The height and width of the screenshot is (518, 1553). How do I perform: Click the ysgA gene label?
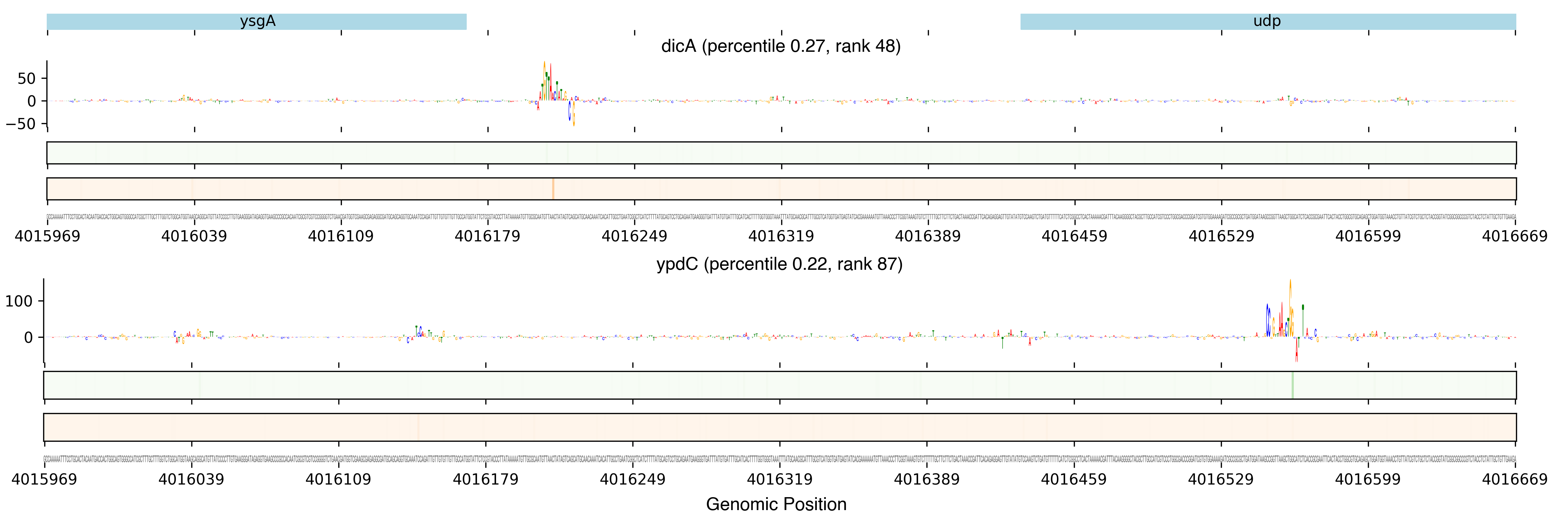pyautogui.click(x=257, y=21)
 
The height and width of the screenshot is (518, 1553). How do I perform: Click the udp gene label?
pyautogui.click(x=1266, y=21)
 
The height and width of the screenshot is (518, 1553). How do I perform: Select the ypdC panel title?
pyautogui.click(x=779, y=264)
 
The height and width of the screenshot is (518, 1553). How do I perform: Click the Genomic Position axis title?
pyautogui.click(x=776, y=504)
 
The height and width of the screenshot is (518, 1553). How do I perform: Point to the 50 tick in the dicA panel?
pyautogui.click(x=27, y=78)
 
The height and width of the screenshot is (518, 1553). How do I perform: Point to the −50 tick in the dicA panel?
pyautogui.click(x=22, y=124)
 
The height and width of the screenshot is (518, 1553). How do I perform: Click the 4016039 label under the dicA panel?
pyautogui.click(x=194, y=236)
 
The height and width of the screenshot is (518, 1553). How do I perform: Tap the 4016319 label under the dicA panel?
pyautogui.click(x=781, y=236)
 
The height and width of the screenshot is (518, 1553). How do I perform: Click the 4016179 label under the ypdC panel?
pyautogui.click(x=485, y=480)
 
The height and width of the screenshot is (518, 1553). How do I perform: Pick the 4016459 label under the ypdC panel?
pyautogui.click(x=1074, y=480)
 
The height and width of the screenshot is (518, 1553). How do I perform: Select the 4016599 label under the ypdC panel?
pyautogui.click(x=1368, y=480)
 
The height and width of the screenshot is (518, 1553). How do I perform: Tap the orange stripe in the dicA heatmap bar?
pyautogui.click(x=553, y=189)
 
